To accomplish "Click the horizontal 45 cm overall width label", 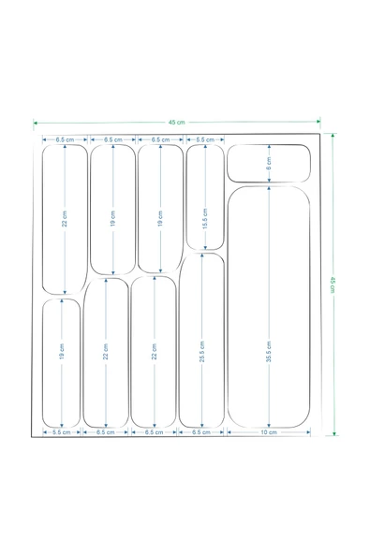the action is pyautogui.click(x=176, y=123).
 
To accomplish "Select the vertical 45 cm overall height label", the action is pyautogui.click(x=333, y=284).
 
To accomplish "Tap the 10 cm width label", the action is pyautogui.click(x=269, y=432).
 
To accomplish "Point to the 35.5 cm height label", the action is pyautogui.click(x=269, y=352).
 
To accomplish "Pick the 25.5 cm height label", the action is pyautogui.click(x=202, y=352).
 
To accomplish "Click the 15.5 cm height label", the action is pyautogui.click(x=205, y=219).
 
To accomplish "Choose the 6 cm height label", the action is pyautogui.click(x=269, y=164).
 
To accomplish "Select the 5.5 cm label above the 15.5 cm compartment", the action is pyautogui.click(x=205, y=139).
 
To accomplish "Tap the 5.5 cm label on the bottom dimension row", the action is pyautogui.click(x=62, y=432).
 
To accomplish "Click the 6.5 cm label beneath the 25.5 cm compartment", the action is pyautogui.click(x=200, y=432).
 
